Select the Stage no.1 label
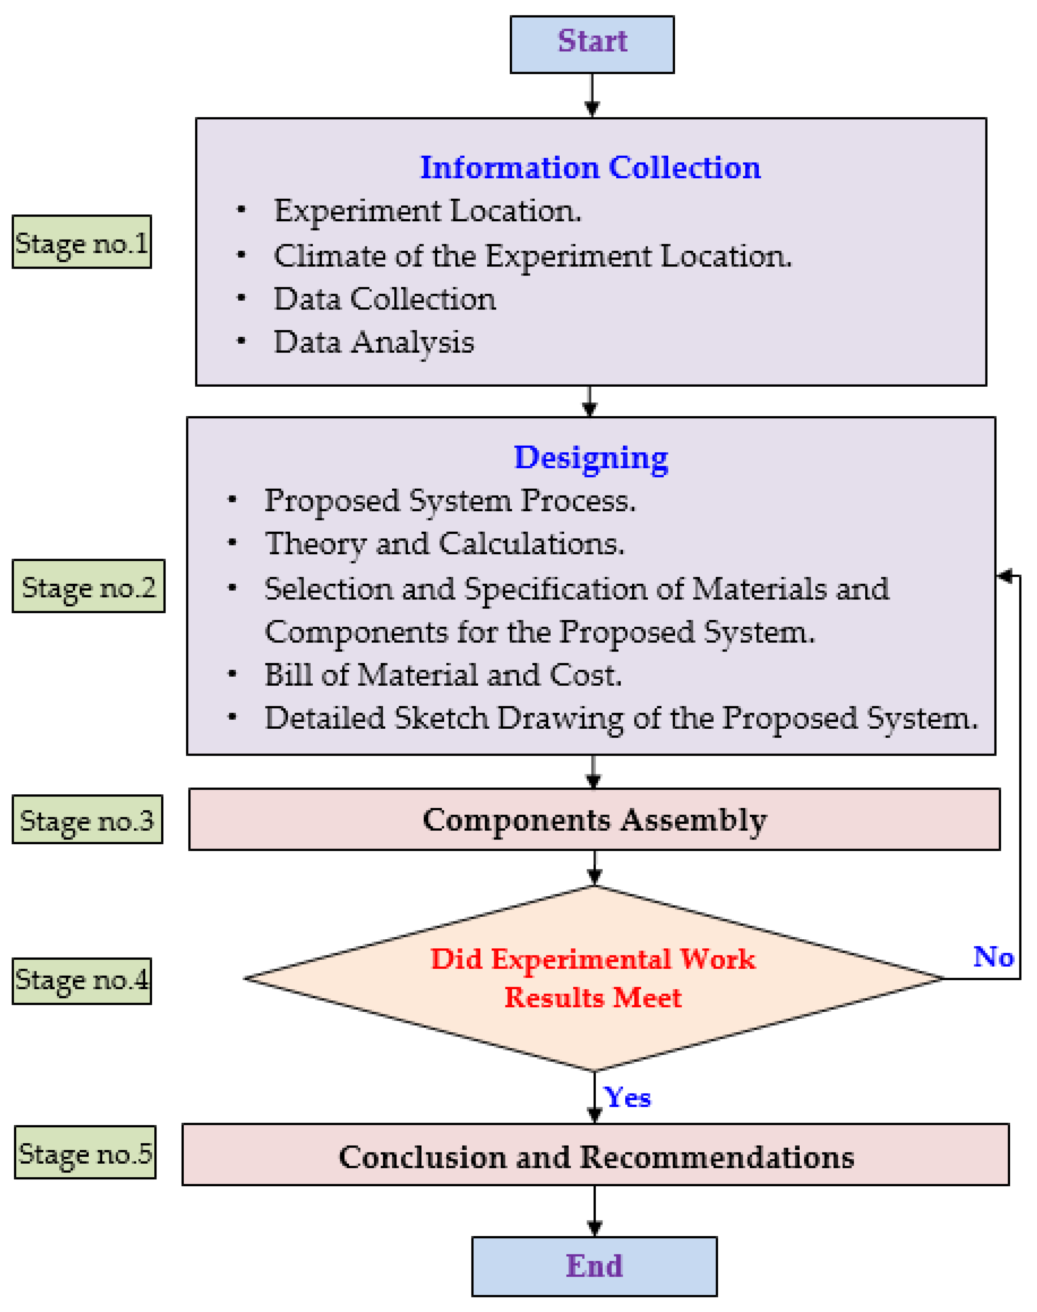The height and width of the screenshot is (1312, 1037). pos(82,242)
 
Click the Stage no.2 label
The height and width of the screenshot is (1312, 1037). pos(89,586)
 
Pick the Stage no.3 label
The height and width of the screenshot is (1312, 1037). pos(87,820)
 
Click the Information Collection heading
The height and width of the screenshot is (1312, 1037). pos(590,167)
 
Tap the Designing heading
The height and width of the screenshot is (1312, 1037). pos(591,458)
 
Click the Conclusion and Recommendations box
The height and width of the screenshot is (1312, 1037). pos(595,1156)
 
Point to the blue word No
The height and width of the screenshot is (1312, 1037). pos(993,957)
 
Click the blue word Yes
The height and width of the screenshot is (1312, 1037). pos(627,1097)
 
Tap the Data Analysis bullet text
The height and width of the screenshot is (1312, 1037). pos(373,342)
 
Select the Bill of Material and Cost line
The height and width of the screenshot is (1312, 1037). pos(443,675)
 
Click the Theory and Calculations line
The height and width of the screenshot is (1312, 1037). pos(445,544)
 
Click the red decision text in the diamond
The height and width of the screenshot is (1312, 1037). pos(593,978)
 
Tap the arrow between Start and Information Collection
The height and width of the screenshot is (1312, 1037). pos(592,96)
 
